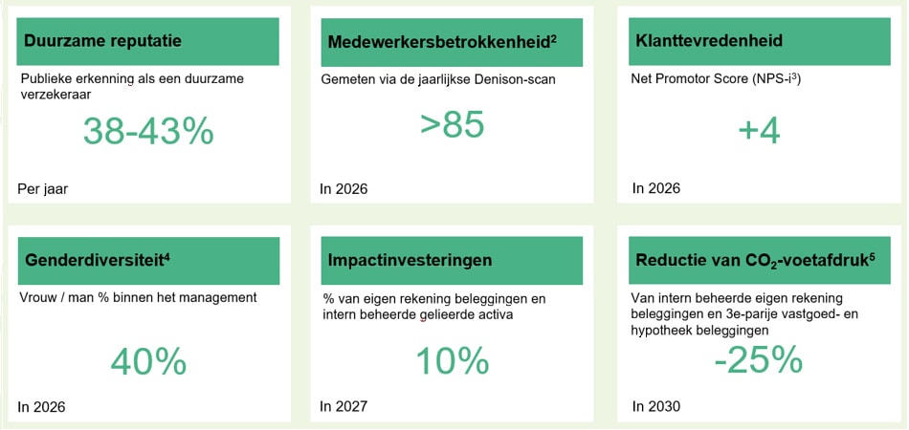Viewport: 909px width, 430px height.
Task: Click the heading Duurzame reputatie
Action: [102, 41]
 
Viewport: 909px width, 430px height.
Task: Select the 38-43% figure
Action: [148, 131]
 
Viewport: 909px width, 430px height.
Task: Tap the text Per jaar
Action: [43, 188]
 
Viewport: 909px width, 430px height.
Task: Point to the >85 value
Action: [452, 124]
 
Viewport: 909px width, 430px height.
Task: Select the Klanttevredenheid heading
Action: [709, 41]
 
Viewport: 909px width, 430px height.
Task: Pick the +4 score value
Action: [760, 131]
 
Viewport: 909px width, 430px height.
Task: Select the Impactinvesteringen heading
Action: [410, 260]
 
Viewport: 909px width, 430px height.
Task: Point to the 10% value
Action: [452, 360]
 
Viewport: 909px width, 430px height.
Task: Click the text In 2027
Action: [344, 407]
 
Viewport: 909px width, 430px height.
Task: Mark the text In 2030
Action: [656, 407]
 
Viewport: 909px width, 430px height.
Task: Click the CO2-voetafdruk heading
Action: [756, 261]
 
